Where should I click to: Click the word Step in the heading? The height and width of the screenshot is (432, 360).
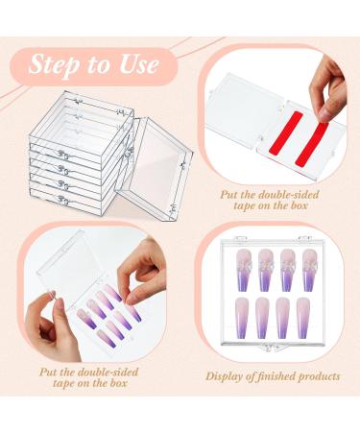54,65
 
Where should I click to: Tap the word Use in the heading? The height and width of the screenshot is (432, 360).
139,64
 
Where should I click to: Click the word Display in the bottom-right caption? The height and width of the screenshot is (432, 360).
225,376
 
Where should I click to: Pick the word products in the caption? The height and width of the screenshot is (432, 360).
319,376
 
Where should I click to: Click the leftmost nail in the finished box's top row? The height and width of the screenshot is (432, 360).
242,270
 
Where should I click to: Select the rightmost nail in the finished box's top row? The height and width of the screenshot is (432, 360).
308,270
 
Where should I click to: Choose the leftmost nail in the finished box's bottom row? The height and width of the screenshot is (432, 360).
242,318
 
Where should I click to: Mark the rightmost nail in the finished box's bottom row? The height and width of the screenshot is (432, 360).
303,318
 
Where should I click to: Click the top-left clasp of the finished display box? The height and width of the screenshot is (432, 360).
240,238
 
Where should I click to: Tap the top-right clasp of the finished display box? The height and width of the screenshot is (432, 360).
304,238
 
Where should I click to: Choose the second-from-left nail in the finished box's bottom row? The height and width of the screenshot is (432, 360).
262,318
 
